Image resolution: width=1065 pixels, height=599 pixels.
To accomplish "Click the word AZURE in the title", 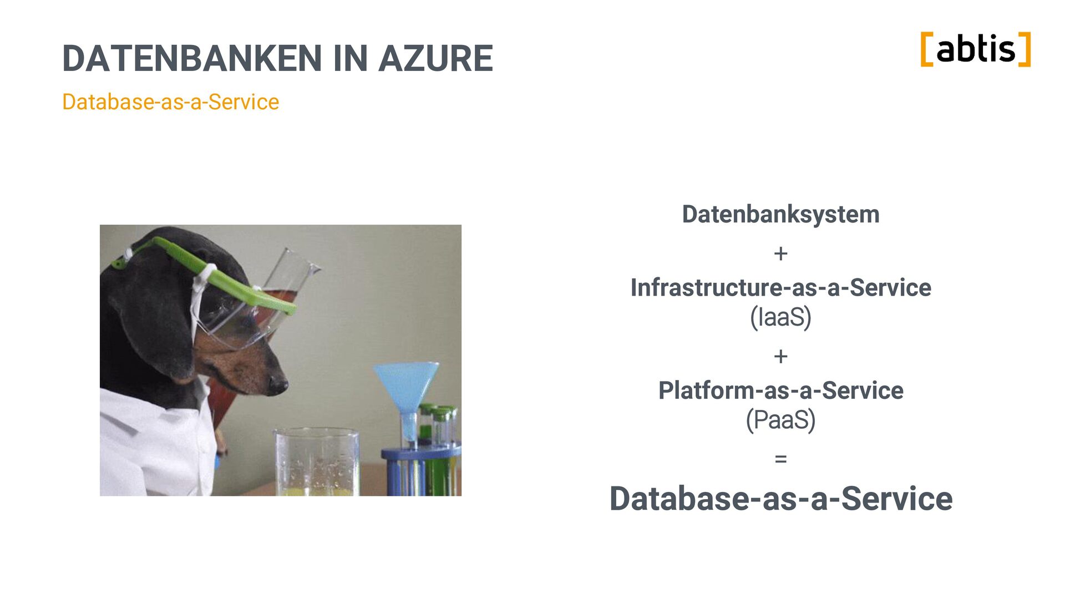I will (x=435, y=58).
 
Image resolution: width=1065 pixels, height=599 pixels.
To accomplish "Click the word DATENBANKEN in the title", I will (x=192, y=58).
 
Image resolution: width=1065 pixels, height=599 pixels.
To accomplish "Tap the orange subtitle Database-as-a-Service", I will (x=170, y=102).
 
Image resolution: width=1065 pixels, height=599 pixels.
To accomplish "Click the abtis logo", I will (x=975, y=49).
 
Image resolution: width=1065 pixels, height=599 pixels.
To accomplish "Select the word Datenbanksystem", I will (x=780, y=215).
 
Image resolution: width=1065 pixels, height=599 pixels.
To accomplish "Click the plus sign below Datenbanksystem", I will (x=780, y=253).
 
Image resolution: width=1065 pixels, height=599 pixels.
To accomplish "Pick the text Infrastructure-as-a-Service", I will (x=780, y=288).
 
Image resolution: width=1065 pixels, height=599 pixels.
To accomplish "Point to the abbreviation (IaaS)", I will (x=780, y=317).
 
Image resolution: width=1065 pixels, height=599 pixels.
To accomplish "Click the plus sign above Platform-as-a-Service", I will (x=780, y=356).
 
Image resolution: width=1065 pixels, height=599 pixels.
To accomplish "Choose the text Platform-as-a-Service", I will (x=780, y=390).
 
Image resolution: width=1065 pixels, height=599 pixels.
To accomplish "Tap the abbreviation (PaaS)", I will (x=780, y=420).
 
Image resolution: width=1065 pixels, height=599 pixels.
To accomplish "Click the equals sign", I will (x=780, y=459).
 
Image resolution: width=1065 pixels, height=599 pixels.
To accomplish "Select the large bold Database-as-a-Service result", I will (x=780, y=499).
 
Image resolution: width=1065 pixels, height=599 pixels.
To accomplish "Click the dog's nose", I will (x=277, y=384).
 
